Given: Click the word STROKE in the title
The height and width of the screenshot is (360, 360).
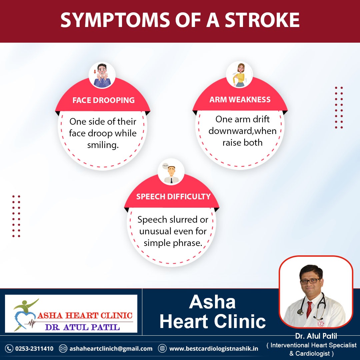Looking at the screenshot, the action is click(262, 20).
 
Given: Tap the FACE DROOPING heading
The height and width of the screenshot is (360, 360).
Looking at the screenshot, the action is click(104, 100).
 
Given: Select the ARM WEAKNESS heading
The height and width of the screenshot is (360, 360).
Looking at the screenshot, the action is click(240, 99).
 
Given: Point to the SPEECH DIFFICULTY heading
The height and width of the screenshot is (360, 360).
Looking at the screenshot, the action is click(173, 197).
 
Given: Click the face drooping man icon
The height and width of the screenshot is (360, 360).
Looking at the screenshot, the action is click(102, 75).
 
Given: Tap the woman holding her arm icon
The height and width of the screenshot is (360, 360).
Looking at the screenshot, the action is click(240, 75).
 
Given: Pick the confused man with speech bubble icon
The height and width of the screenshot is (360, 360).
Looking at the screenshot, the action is click(171, 173).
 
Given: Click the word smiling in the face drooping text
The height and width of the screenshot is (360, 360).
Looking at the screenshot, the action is click(103, 145).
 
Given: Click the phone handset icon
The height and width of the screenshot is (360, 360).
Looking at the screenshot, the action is click(9, 349).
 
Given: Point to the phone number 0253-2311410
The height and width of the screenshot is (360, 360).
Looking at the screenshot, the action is click(34, 349).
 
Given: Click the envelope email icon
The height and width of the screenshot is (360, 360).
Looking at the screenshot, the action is click(63, 349).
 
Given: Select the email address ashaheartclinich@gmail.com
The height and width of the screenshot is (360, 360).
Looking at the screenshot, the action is click(111, 349).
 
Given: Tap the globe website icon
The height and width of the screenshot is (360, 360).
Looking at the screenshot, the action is click(162, 348).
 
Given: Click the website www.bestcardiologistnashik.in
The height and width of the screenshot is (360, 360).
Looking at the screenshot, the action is click(214, 349).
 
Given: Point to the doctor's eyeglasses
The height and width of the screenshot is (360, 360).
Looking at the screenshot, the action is click(310, 281).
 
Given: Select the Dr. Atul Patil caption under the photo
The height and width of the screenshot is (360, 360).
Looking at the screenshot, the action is click(316, 336).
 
